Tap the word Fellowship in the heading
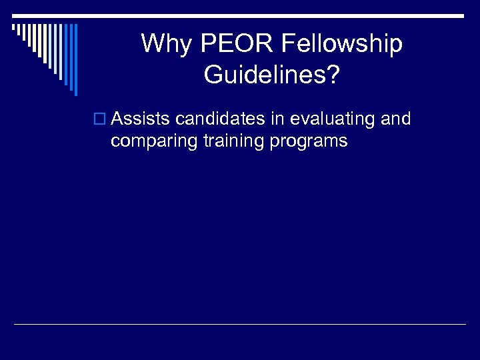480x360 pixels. pyautogui.click(x=342, y=44)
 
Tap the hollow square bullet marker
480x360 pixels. pyautogui.click(x=101, y=120)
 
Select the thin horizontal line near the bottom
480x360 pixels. pyautogui.click(x=240, y=324)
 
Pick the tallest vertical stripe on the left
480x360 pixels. pyautogui.click(x=75, y=59)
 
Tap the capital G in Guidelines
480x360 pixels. pyautogui.click(x=213, y=74)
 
